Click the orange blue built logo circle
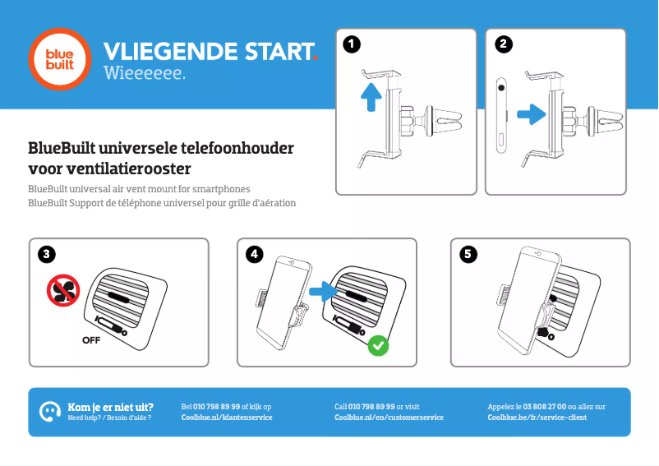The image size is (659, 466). (x=60, y=59)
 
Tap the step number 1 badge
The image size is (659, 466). (x=352, y=44)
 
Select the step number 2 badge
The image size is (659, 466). (x=504, y=44)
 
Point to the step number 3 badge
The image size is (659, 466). (x=46, y=254)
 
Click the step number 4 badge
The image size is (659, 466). (x=254, y=254)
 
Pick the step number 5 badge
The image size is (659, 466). (x=468, y=254)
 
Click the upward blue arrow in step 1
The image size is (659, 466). (x=371, y=97)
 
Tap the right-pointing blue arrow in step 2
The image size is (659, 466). (x=532, y=114)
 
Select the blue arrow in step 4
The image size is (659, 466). (x=323, y=291)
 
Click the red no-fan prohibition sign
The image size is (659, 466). (x=63, y=290)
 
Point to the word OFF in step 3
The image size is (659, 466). (x=91, y=340)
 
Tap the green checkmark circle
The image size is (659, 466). (x=378, y=345)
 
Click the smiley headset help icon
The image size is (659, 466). (x=50, y=412)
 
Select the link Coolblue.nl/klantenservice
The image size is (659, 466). (x=227, y=418)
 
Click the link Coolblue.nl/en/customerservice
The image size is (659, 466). (x=389, y=418)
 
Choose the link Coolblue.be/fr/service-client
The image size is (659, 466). (x=537, y=418)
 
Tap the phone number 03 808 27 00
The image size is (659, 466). (x=544, y=406)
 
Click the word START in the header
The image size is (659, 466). (x=279, y=51)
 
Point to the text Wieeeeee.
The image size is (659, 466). (x=144, y=72)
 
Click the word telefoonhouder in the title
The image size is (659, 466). (x=237, y=148)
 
